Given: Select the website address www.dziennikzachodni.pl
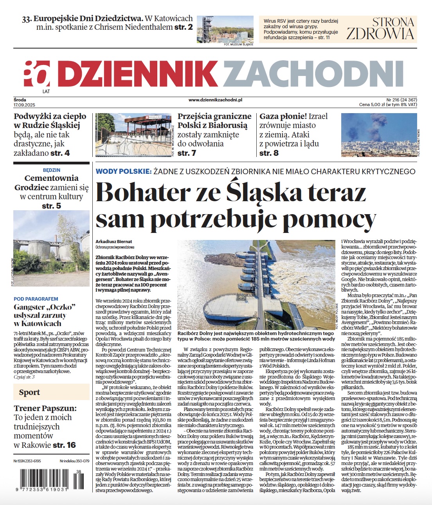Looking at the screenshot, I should click(215, 100).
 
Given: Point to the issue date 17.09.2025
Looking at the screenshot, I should click(24, 105).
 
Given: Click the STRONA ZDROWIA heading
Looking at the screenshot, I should click(380, 28).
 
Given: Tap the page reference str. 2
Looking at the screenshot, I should click(184, 27).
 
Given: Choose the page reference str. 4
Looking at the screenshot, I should click(60, 153).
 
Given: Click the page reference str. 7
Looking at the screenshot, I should click(187, 153).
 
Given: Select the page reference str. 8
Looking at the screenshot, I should click(269, 153).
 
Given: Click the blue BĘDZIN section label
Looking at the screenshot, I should click(52, 170).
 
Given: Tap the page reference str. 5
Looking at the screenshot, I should click(52, 206).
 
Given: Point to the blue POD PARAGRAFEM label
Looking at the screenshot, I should click(36, 299).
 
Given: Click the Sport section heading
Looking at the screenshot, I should click(29, 392).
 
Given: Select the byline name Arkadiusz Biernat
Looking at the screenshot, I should click(114, 242).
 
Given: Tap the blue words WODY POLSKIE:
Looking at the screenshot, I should click(123, 171).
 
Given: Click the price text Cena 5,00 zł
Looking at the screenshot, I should click(374, 105).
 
